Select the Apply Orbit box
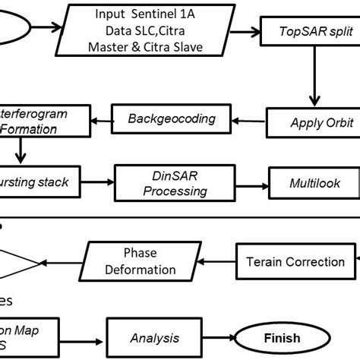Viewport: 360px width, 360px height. click(311, 122)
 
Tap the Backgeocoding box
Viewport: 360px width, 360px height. click(171, 118)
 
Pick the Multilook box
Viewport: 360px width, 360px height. click(314, 183)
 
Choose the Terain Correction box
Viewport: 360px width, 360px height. click(295, 262)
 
